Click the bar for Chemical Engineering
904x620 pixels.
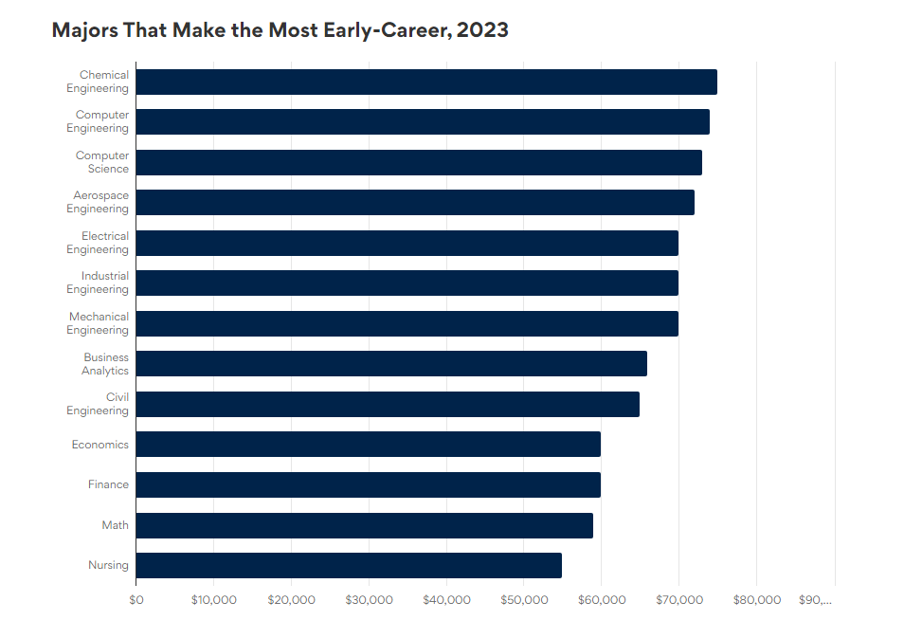tap(426, 82)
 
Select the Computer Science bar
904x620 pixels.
tap(419, 163)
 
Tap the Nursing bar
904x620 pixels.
tap(349, 565)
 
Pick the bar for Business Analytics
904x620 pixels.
tap(391, 363)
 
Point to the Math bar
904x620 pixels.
tap(365, 525)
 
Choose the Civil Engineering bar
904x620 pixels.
tap(388, 404)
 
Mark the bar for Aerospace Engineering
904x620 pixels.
tap(415, 203)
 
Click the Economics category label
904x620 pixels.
tap(99, 445)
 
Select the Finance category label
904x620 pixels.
tap(108, 484)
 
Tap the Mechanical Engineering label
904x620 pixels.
tap(98, 323)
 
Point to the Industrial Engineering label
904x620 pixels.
tap(98, 283)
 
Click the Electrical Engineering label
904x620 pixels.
tap(98, 243)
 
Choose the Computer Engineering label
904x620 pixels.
tap(98, 121)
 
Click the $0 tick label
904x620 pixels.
tap(136, 600)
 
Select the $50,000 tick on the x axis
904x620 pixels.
tap(524, 600)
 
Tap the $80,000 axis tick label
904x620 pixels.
tap(757, 600)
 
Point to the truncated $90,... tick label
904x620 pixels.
tap(815, 600)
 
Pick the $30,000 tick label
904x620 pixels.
tap(369, 600)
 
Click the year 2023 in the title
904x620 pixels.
tap(482, 30)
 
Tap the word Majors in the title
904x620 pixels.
tap(84, 30)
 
